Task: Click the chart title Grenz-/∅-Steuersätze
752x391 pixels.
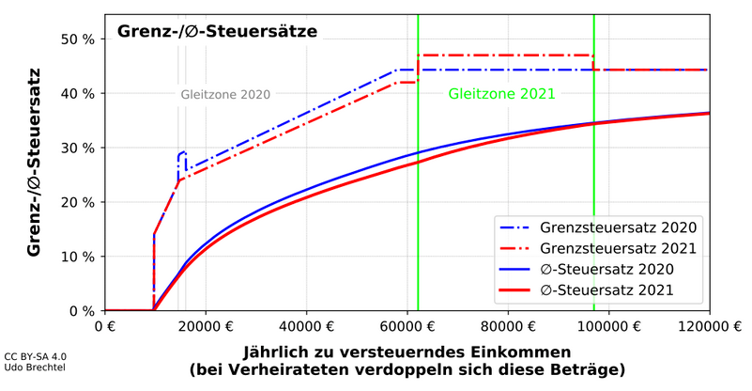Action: pos(217,31)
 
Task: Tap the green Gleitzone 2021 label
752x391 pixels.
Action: pos(501,94)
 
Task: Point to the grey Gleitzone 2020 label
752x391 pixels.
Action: pos(225,94)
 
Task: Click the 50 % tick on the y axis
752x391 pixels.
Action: pos(77,39)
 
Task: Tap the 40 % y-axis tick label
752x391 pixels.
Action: pos(77,94)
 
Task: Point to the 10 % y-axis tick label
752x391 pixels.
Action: pos(77,257)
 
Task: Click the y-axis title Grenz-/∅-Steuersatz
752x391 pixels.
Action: pos(34,162)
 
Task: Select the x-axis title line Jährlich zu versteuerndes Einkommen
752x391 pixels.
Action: pos(407,352)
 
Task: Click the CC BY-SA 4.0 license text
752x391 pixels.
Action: pos(36,357)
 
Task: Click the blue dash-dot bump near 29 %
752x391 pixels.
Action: pos(181,152)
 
